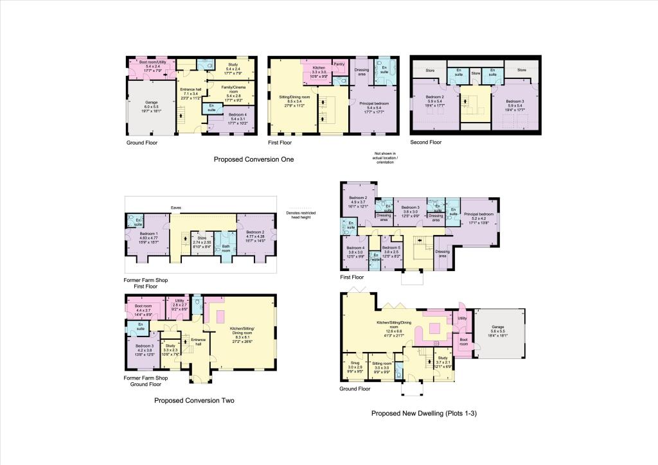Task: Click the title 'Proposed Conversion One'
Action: pos(253,159)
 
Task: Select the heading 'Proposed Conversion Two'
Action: pos(194,400)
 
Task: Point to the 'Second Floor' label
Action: pos(426,142)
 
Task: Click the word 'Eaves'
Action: pos(175,207)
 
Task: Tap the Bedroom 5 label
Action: pos(391,250)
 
